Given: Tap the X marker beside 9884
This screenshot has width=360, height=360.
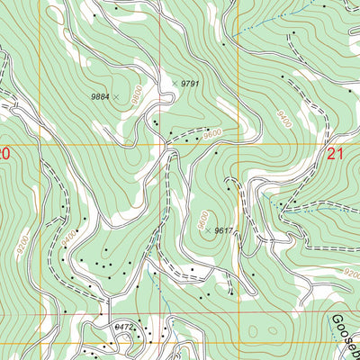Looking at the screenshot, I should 116,95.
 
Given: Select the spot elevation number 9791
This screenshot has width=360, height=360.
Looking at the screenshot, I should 189,83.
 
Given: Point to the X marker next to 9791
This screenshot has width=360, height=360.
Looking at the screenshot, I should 175,83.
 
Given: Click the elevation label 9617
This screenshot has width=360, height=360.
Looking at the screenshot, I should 224,231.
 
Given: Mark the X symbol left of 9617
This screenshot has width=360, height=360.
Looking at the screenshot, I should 208,231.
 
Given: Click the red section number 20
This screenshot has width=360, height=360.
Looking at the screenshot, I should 4,155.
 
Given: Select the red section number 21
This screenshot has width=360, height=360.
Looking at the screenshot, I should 337,155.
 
